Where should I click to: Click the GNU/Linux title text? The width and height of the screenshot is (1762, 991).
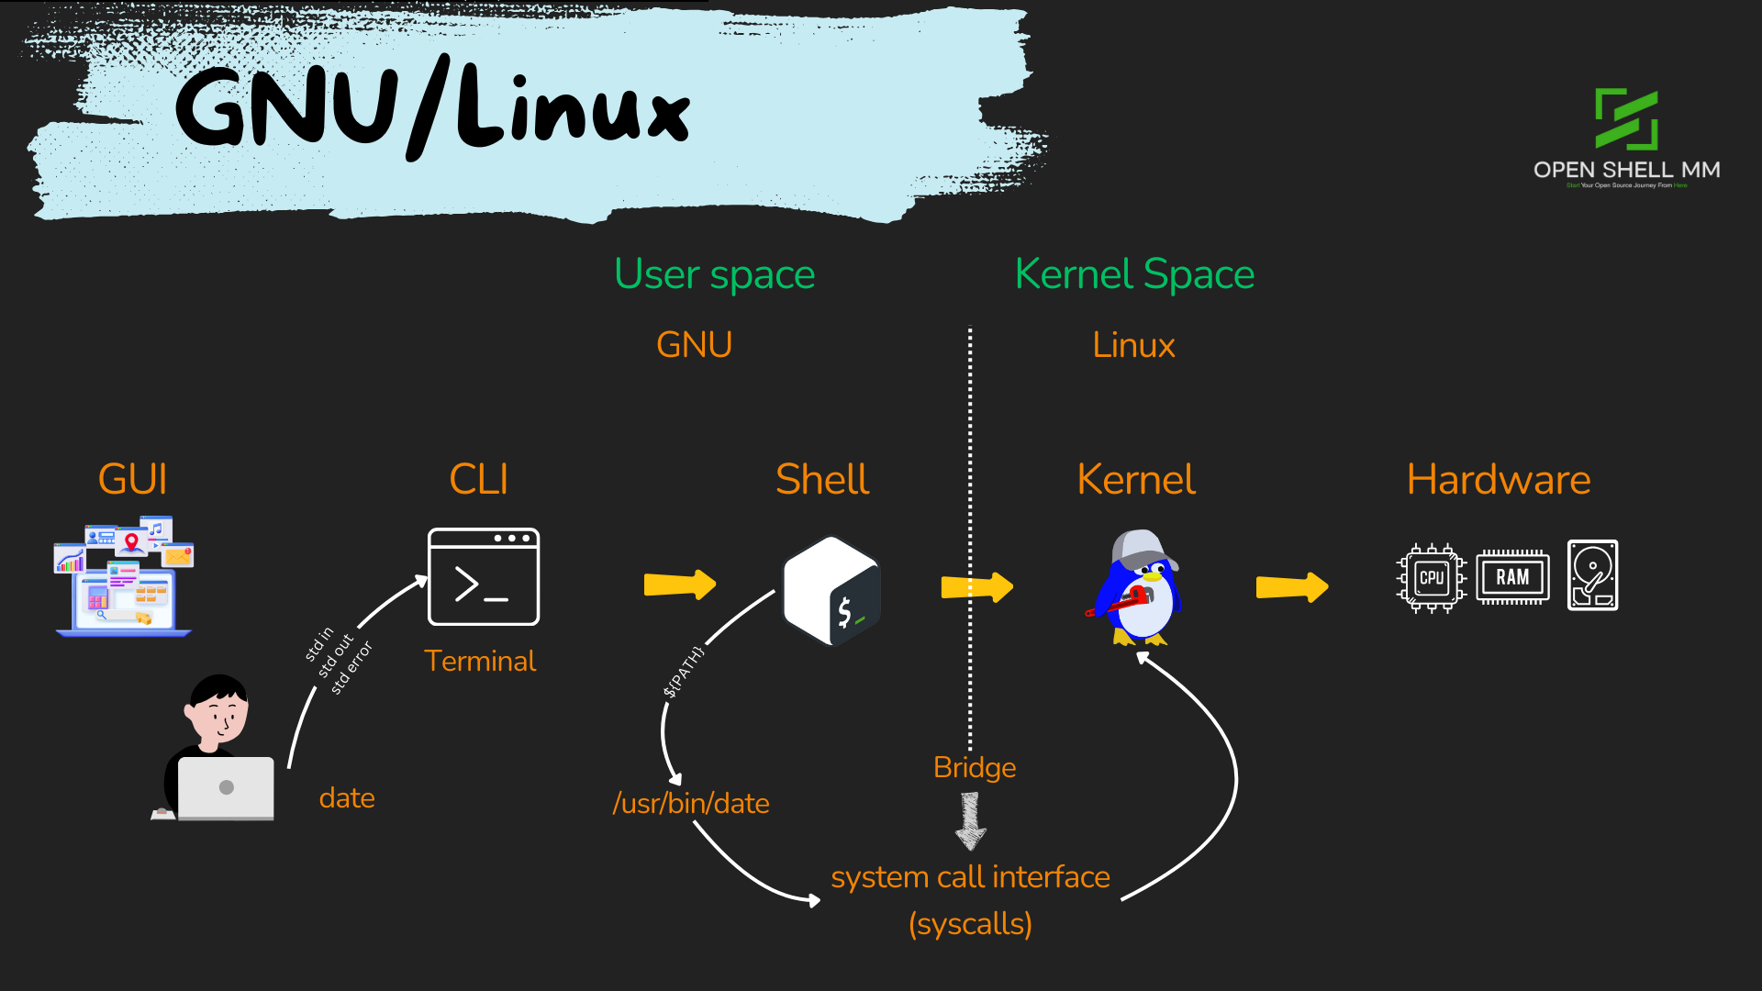pyautogui.click(x=431, y=108)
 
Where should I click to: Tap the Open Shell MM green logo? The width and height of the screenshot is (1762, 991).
pyautogui.click(x=1626, y=119)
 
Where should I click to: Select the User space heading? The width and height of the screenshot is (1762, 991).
pyautogui.click(x=714, y=274)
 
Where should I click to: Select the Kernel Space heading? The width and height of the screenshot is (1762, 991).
pyautogui.click(x=1134, y=274)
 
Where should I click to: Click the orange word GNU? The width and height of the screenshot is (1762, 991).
pyautogui.click(x=694, y=345)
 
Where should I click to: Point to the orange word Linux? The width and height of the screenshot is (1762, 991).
pyautogui.click(x=1133, y=345)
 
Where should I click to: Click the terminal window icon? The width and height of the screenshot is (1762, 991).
pyautogui.click(x=484, y=577)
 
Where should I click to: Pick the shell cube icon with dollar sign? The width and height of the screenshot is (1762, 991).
pyautogui.click(x=831, y=591)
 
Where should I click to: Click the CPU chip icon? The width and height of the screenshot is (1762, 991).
pyautogui.click(x=1431, y=578)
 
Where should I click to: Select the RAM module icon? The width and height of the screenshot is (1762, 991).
pyautogui.click(x=1512, y=577)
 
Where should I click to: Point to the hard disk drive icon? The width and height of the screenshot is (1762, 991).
pyautogui.click(x=1592, y=575)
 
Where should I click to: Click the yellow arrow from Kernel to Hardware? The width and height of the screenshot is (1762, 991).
pyautogui.click(x=1291, y=586)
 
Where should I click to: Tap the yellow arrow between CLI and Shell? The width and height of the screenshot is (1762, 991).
pyautogui.click(x=679, y=585)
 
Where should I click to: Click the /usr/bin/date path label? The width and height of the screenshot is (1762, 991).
pyautogui.click(x=691, y=804)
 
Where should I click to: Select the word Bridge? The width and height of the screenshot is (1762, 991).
pyautogui.click(x=975, y=767)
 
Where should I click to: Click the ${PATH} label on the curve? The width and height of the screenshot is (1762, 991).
pyautogui.click(x=684, y=672)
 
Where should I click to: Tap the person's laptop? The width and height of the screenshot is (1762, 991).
pyautogui.click(x=226, y=787)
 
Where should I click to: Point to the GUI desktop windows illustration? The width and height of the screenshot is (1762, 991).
pyautogui.click(x=124, y=576)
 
